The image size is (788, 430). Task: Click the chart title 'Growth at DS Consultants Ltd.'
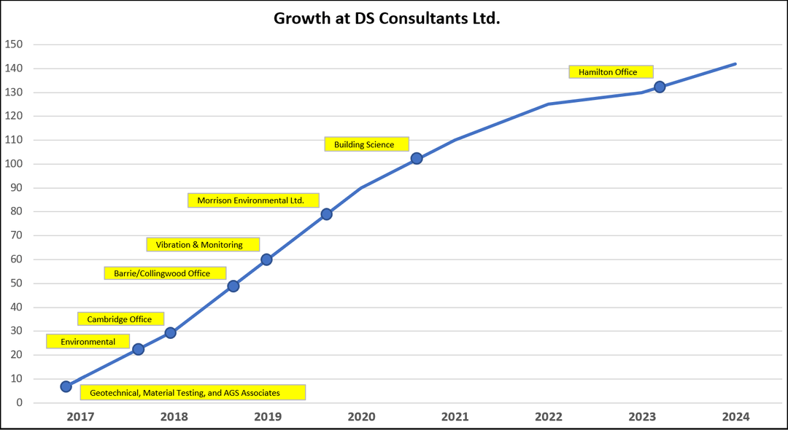(x=387, y=18)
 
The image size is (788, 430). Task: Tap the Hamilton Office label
(x=611, y=71)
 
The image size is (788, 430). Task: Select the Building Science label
(x=366, y=144)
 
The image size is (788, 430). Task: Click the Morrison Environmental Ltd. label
(x=253, y=200)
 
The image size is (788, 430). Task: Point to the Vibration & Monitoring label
(x=203, y=244)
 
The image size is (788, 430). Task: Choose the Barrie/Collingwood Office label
(x=166, y=273)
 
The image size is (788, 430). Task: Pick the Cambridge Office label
(x=121, y=318)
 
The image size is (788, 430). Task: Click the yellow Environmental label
(x=88, y=341)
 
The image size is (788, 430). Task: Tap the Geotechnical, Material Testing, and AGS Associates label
(x=193, y=392)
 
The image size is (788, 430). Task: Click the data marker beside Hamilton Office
(x=660, y=87)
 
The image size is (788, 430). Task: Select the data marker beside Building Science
(x=416, y=159)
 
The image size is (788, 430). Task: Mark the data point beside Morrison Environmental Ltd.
(x=326, y=214)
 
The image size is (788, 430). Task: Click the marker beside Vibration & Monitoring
(x=266, y=259)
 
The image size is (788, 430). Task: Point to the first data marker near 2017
(x=66, y=386)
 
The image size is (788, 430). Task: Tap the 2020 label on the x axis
(x=361, y=416)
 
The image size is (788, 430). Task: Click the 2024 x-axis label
(x=735, y=416)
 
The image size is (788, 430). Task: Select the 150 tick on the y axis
(x=14, y=44)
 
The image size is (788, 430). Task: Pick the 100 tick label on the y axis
(x=14, y=164)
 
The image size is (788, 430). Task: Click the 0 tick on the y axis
(x=20, y=403)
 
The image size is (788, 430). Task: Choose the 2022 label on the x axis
(x=549, y=416)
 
